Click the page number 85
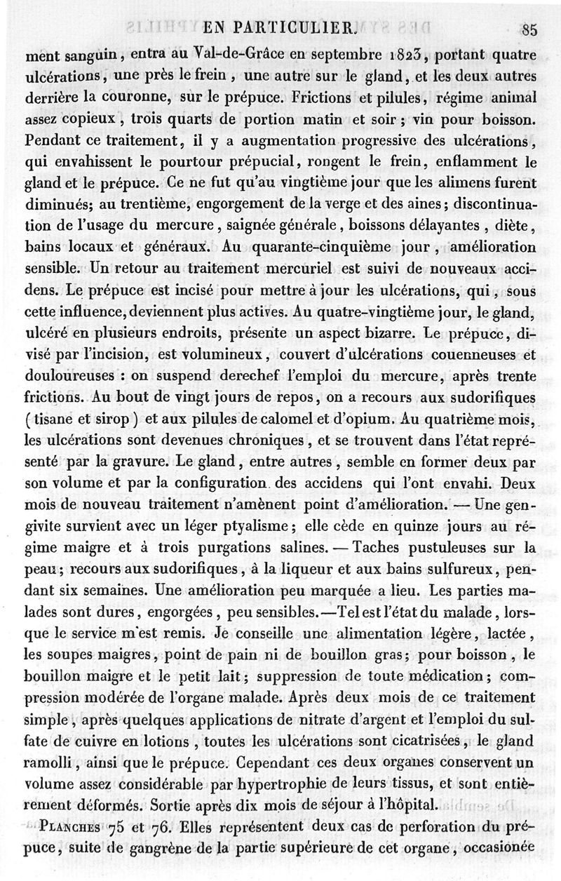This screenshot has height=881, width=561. (x=529, y=29)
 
